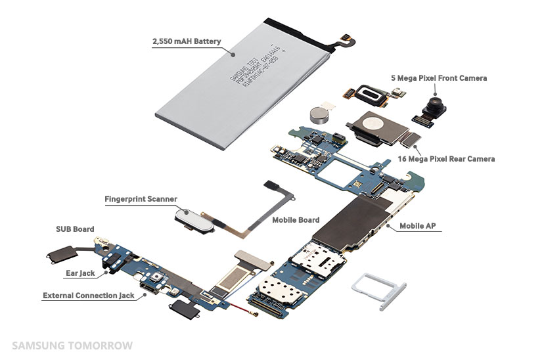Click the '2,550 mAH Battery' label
click(x=186, y=41)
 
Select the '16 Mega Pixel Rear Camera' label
click(x=446, y=159)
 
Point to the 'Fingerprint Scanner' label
click(x=141, y=198)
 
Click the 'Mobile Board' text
click(x=296, y=220)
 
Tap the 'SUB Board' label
click(x=74, y=229)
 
